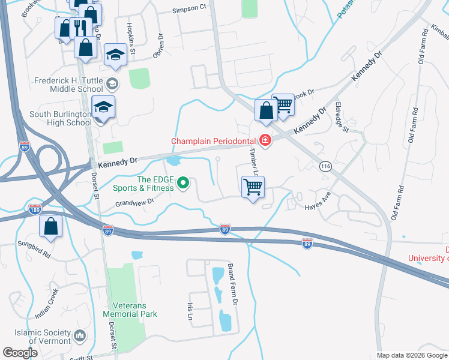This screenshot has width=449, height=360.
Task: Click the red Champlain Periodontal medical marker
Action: [x=265, y=141]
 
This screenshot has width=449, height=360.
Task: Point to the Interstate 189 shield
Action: [x=35, y=209]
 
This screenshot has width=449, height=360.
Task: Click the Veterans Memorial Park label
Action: [x=130, y=309]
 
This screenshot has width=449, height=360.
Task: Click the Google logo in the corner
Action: [x=20, y=353]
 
